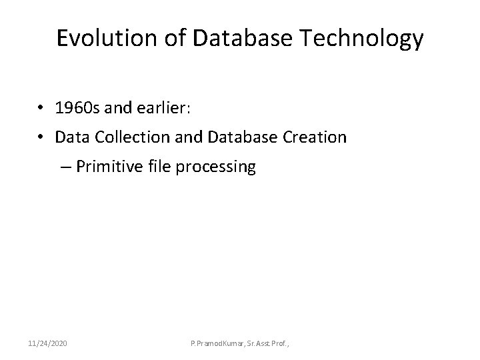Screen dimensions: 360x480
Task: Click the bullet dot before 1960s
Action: (x=41, y=109)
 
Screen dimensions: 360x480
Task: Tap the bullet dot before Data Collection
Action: (x=41, y=138)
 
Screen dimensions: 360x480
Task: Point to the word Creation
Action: (x=313, y=137)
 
